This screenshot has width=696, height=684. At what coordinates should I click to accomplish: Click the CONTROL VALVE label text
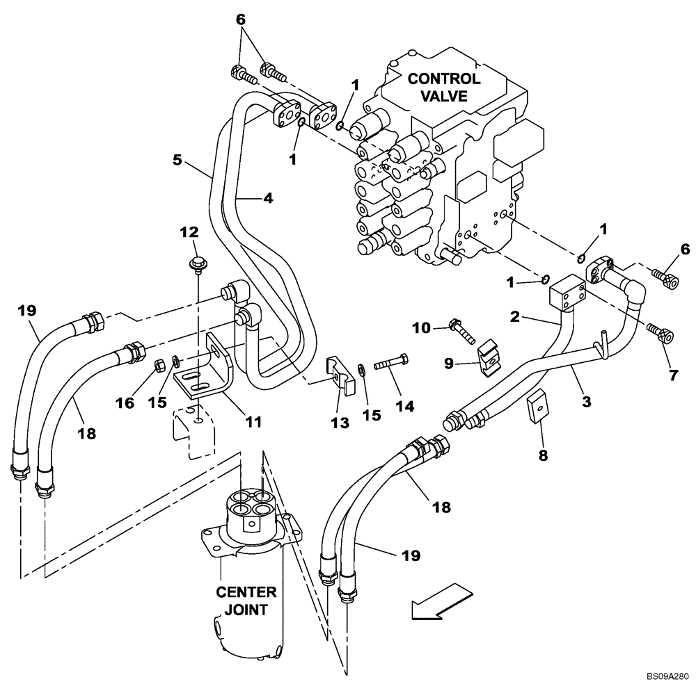443,87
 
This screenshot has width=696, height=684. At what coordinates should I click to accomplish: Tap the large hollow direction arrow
441,602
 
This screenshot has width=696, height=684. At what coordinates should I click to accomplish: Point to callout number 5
177,161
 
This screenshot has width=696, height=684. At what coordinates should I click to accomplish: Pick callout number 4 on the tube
267,198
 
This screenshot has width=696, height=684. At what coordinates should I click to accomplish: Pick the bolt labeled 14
391,364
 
